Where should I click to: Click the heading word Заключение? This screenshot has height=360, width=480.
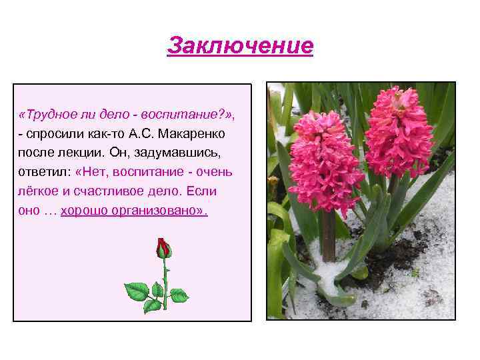(240, 46)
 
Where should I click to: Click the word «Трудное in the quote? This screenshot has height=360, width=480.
(47, 115)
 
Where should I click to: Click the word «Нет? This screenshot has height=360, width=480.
(93, 173)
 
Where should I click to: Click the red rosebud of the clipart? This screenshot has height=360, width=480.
(163, 249)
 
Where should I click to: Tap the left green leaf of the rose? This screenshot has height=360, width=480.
(137, 291)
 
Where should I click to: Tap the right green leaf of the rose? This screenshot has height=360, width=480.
(179, 294)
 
